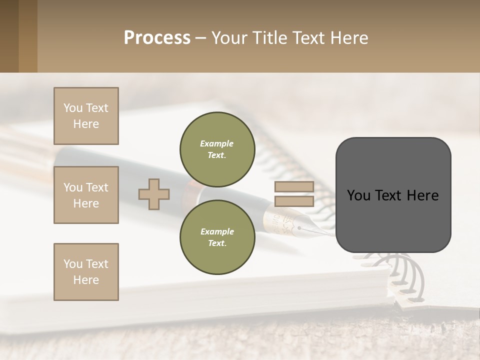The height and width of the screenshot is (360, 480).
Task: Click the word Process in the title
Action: click(x=157, y=38)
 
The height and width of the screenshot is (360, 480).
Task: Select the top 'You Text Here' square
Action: click(x=86, y=116)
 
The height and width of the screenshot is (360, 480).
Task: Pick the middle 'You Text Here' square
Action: click(x=86, y=195)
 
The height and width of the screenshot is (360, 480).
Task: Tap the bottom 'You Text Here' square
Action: click(x=86, y=272)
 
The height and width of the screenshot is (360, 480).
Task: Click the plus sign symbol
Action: click(x=154, y=194)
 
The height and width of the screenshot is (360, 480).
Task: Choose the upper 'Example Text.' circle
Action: click(x=217, y=149)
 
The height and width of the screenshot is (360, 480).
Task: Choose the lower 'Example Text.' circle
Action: click(x=217, y=237)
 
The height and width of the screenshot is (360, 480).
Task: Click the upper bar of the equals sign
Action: click(x=294, y=187)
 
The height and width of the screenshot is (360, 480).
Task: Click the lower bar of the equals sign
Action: click(x=294, y=201)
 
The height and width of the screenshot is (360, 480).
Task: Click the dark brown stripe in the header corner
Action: click(x=9, y=36)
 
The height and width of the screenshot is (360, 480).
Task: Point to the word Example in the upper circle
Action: click(x=217, y=143)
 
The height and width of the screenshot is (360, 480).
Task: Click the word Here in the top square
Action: click(x=86, y=124)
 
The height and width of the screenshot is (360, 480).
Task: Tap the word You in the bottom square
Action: click(x=73, y=264)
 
